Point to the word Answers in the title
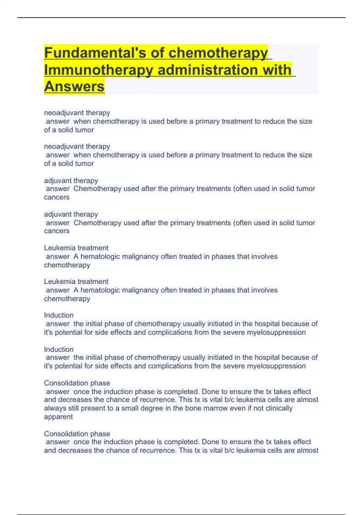(x=74, y=87)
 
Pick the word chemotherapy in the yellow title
(x=218, y=53)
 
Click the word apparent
(x=58, y=417)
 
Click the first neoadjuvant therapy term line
(x=77, y=113)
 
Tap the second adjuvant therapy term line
(x=71, y=214)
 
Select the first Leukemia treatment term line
(x=76, y=248)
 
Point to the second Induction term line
(x=59, y=349)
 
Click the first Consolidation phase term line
(x=77, y=383)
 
